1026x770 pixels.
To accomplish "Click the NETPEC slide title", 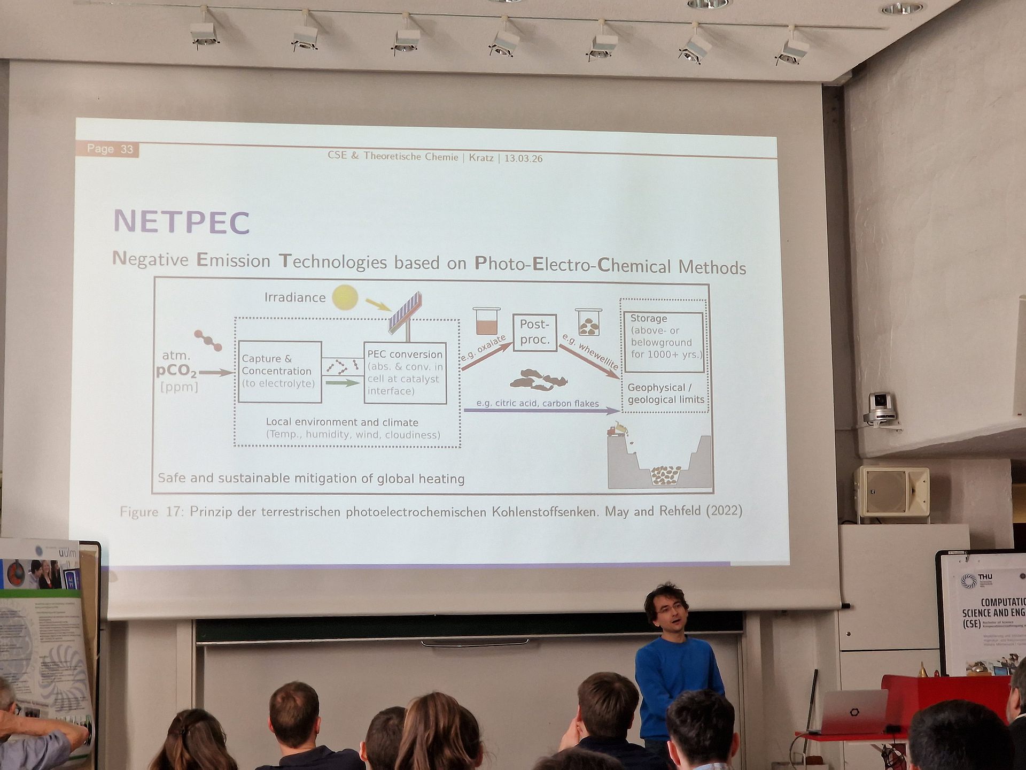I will click(x=182, y=222).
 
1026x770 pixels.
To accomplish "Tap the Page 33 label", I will click(x=110, y=149).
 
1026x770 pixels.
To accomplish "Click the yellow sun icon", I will click(x=345, y=297).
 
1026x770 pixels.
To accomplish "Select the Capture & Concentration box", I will click(x=279, y=372).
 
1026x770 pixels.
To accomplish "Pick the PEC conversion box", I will click(x=405, y=373).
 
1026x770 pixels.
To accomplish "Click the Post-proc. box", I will click(x=534, y=332).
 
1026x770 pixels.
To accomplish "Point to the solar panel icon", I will click(x=406, y=312).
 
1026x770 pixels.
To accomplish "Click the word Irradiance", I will click(x=295, y=297).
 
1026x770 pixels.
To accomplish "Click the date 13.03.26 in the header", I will click(x=523, y=158).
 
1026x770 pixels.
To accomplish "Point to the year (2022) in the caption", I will click(x=724, y=511).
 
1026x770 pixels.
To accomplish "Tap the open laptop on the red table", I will click(x=854, y=711).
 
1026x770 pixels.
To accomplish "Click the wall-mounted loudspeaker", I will click(x=892, y=491).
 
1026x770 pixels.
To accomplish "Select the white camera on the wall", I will click(x=880, y=407).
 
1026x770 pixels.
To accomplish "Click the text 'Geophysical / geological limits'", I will click(x=665, y=394).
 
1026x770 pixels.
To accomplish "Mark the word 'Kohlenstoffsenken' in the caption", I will click(x=545, y=512).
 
